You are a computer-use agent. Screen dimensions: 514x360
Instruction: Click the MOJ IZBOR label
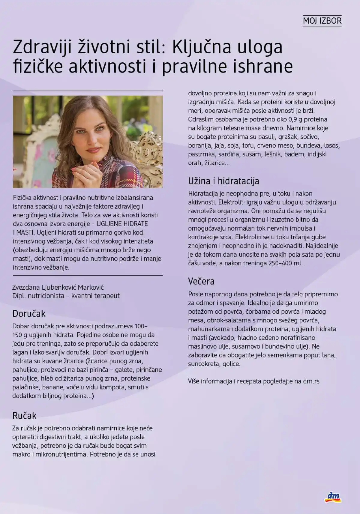(x=322, y=21)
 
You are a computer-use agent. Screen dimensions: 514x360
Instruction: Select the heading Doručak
(x=29, y=314)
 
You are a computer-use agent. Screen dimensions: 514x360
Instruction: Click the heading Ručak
(x=24, y=416)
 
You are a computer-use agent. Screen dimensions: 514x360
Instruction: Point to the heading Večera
(x=201, y=281)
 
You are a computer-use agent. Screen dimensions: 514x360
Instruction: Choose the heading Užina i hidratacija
(x=223, y=181)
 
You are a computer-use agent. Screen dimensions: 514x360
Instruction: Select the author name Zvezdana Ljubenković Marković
(x=58, y=287)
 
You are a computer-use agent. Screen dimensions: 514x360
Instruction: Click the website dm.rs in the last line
(x=311, y=381)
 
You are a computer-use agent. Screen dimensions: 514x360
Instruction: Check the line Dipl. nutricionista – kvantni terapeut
(x=66, y=296)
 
